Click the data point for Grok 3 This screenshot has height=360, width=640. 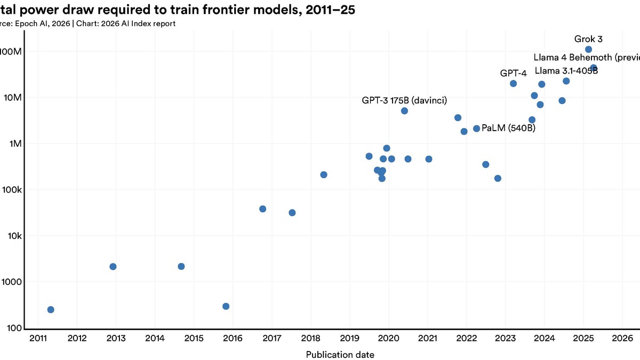[x=588, y=50]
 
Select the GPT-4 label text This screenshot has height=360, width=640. [x=513, y=73]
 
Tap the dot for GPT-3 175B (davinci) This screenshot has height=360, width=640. [x=404, y=111]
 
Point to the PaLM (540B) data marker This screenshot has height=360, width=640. [x=476, y=129]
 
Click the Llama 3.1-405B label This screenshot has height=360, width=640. [x=566, y=71]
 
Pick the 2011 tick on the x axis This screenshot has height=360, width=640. [x=38, y=338]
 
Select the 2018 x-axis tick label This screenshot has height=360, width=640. [x=310, y=338]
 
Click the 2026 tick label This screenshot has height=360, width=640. [x=622, y=338]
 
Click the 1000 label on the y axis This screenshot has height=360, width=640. [x=10, y=282]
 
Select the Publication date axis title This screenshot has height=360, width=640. [x=340, y=355]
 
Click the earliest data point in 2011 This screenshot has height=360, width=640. [x=51, y=309]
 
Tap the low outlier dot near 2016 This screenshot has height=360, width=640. [x=226, y=306]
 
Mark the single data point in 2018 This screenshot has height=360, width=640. [x=324, y=174]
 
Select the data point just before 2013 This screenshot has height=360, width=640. [x=113, y=266]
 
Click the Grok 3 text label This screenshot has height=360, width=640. [x=588, y=39]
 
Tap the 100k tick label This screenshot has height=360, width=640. [x=11, y=190]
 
